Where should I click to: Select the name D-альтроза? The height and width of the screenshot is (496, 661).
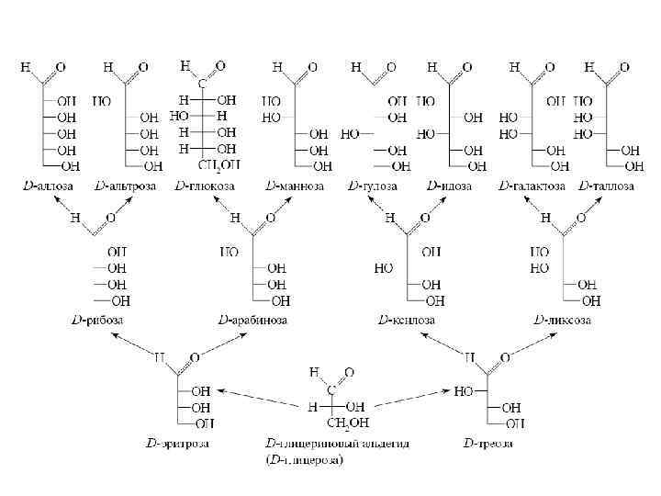[x=125, y=186]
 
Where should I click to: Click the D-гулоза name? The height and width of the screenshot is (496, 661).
[x=373, y=186]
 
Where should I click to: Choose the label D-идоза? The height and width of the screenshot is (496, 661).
[x=449, y=186]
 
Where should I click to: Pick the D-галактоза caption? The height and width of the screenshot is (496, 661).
[x=531, y=186]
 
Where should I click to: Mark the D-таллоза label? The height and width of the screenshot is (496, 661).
[x=607, y=186]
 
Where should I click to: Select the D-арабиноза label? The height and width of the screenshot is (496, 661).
[x=252, y=320]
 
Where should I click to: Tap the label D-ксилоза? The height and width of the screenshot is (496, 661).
[x=407, y=320]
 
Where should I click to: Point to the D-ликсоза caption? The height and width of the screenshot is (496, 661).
[x=562, y=320]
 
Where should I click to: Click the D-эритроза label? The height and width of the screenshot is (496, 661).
[x=177, y=445]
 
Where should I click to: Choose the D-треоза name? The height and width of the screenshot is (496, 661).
[x=488, y=445]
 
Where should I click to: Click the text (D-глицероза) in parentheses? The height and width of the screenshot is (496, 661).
[x=304, y=460]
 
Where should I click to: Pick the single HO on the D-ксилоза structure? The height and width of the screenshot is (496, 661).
[x=386, y=269]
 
